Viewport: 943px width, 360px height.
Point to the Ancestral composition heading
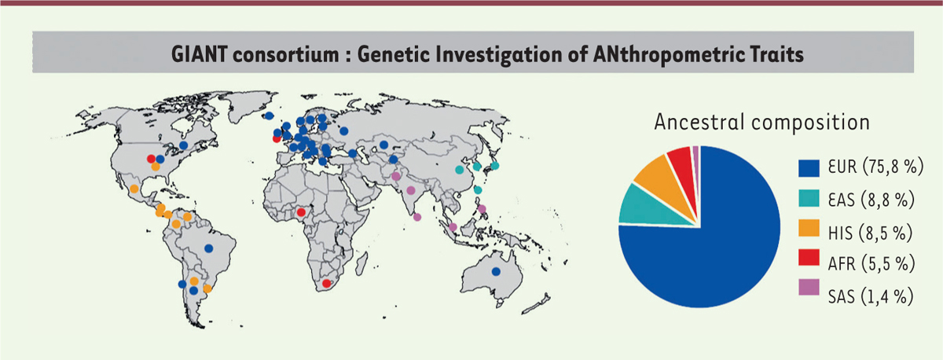[762, 123]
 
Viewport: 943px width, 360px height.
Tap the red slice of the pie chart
[683, 167]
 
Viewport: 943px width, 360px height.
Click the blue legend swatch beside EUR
[809, 168]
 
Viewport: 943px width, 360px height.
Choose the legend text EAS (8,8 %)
[871, 200]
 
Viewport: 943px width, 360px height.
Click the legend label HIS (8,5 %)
[870, 233]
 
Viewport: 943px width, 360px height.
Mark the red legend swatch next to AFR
[809, 257]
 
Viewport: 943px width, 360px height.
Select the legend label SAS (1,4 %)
[871, 296]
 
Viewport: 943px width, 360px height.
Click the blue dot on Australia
[496, 272]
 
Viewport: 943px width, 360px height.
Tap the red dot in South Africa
[326, 284]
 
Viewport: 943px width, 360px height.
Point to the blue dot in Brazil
[209, 248]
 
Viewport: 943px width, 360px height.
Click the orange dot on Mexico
[134, 189]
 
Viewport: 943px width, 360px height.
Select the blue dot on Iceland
[269, 116]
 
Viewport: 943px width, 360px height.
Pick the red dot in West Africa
[300, 212]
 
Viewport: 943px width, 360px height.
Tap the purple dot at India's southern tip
[417, 217]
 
